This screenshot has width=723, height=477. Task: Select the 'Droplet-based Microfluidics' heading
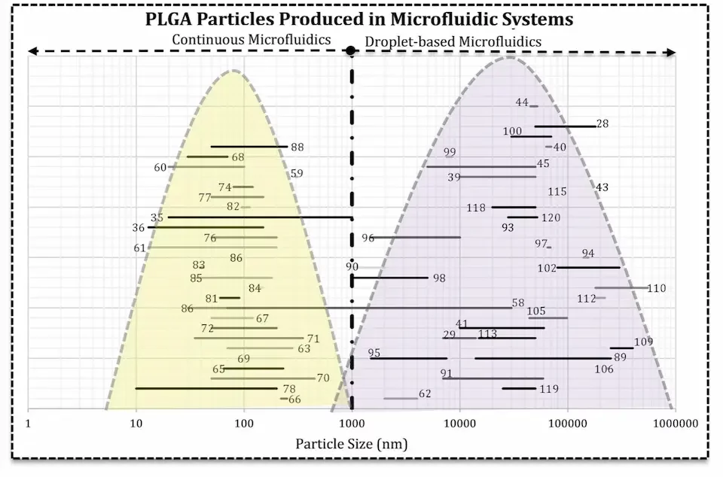point(453,42)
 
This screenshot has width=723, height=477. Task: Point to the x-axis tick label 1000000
point(674,424)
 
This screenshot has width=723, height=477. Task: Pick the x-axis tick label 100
point(244,424)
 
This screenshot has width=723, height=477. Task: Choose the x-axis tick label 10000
point(459,424)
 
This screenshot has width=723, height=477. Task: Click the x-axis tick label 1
point(29,424)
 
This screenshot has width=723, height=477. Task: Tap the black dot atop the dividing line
point(351,51)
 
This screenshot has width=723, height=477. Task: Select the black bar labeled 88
point(249,147)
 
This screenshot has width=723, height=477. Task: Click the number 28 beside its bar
point(602,123)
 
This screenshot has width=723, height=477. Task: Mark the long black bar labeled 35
point(259,217)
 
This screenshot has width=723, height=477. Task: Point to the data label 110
point(656,288)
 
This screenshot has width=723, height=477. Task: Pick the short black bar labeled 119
point(518,388)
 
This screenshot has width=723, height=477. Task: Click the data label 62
point(425,393)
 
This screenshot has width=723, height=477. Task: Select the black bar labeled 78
point(206,388)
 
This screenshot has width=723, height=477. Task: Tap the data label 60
point(160,167)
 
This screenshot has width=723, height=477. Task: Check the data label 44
point(521,102)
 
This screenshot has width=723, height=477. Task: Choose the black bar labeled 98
point(389,278)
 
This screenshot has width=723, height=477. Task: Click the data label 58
point(517,302)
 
